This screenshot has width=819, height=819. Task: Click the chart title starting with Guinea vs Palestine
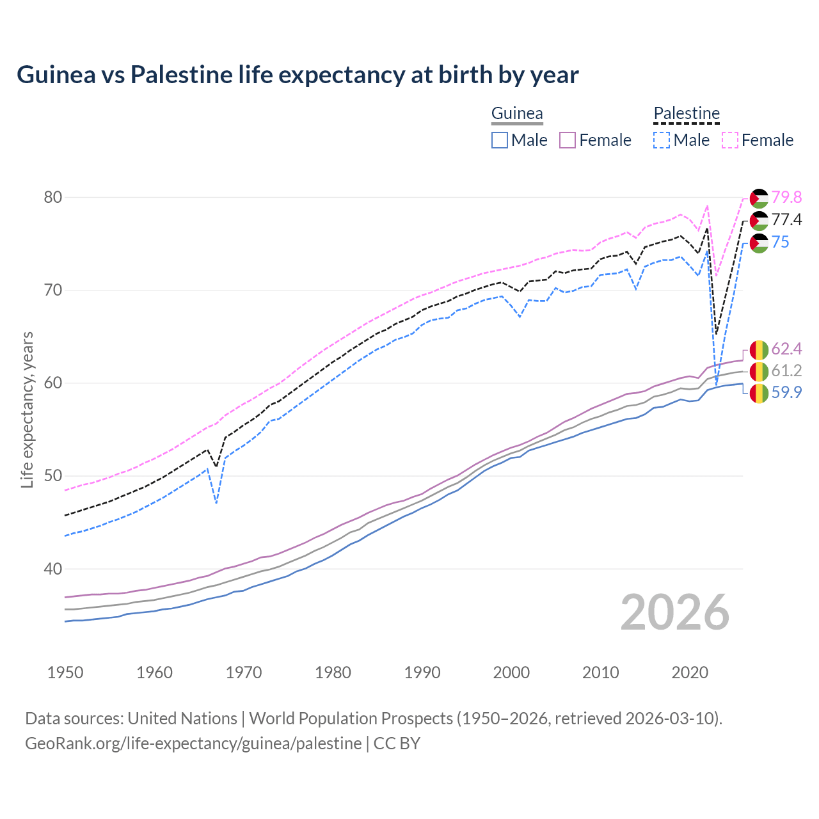[298, 75]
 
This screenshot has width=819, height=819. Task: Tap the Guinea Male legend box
[500, 140]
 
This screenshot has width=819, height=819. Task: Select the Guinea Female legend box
[568, 140]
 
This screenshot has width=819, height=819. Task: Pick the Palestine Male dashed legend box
[662, 140]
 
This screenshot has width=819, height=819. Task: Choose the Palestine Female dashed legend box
[730, 140]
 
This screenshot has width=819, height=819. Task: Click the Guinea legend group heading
[517, 114]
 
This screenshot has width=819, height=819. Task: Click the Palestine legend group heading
[687, 114]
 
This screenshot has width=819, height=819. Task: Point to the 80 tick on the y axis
[53, 197]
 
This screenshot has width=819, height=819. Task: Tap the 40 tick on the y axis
[53, 569]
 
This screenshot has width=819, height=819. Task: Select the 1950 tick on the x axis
[65, 672]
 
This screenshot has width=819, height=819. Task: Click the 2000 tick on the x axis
[511, 672]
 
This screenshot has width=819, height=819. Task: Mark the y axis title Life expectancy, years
[28, 409]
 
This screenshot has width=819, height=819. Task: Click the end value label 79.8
[786, 197]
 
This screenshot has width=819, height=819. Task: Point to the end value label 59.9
[786, 392]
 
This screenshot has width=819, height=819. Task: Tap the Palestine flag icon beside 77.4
[759, 221]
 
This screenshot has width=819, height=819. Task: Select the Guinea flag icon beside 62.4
[759, 349]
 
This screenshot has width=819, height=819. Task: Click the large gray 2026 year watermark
[674, 612]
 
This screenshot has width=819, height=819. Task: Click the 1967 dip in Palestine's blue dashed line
[216, 502]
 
